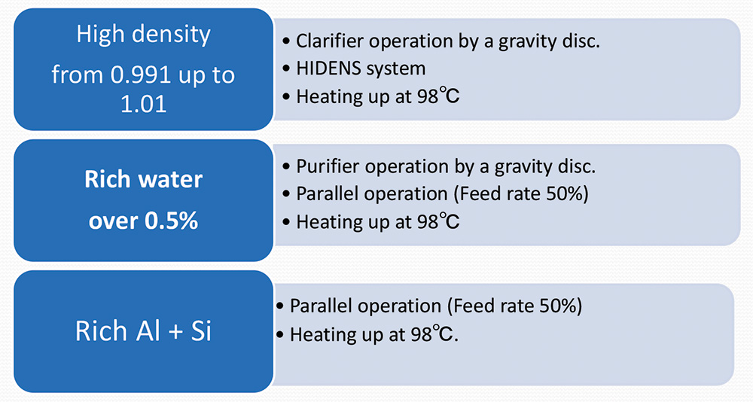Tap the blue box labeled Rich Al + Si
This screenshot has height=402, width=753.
143,331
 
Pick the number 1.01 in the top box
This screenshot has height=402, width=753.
143,103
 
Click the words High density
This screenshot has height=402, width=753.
143,35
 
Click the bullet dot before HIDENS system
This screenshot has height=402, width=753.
287,69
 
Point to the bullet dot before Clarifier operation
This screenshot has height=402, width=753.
287,41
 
